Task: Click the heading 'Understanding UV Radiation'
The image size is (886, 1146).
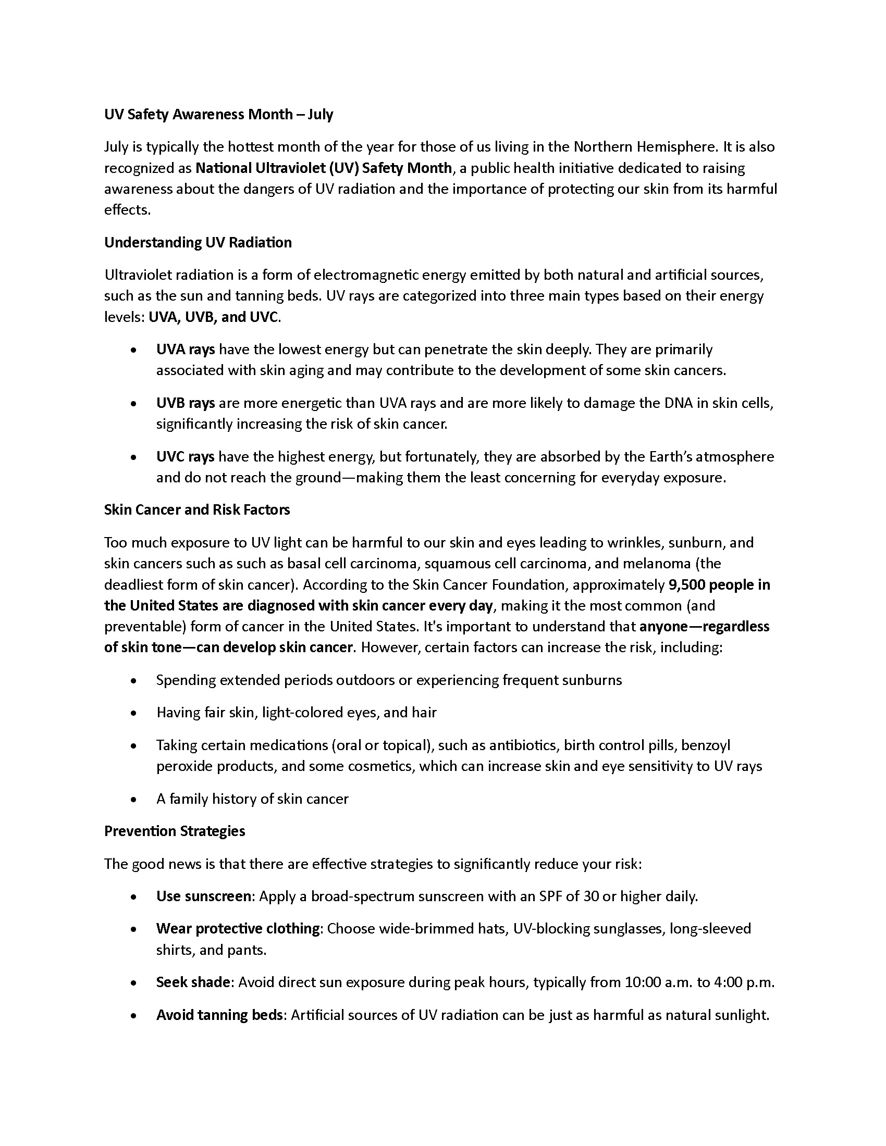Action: [x=198, y=242]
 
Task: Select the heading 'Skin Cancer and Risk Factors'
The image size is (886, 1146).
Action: [x=197, y=509]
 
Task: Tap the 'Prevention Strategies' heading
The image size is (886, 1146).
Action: [x=175, y=831]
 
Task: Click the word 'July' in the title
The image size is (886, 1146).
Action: [x=320, y=115]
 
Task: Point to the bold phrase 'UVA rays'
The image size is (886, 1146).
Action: [x=186, y=350]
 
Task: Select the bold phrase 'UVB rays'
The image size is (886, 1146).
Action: [x=186, y=403]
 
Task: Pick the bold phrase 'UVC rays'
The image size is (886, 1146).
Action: [x=186, y=456]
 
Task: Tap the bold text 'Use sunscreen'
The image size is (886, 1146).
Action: [x=204, y=896]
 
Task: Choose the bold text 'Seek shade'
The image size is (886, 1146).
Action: [x=193, y=982]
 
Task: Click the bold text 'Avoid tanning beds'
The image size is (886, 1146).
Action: [x=219, y=1015]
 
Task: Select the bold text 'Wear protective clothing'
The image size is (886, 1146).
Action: [x=238, y=928]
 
